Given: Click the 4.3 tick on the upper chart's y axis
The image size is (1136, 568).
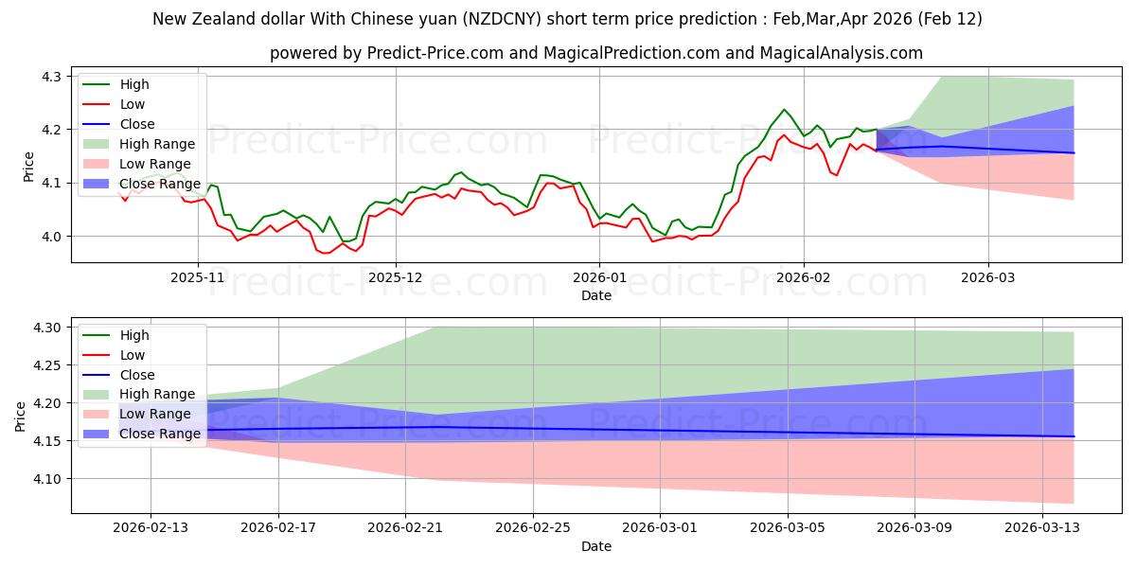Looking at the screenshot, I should [x=52, y=76].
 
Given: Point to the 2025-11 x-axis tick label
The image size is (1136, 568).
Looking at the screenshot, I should [x=198, y=278].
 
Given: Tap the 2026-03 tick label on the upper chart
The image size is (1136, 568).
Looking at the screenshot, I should [x=988, y=278].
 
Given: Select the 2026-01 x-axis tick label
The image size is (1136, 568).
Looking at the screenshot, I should [x=598, y=278].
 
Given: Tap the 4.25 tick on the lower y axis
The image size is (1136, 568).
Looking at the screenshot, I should [x=46, y=365].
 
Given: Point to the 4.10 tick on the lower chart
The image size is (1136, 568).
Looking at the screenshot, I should [x=46, y=479].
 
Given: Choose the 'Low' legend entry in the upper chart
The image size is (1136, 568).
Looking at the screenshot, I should [x=133, y=104].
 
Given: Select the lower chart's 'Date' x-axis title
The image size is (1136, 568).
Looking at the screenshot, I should [x=595, y=546].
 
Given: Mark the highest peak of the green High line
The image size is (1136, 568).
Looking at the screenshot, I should [x=784, y=109].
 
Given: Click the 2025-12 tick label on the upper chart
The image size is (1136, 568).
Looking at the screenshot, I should [x=396, y=278].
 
